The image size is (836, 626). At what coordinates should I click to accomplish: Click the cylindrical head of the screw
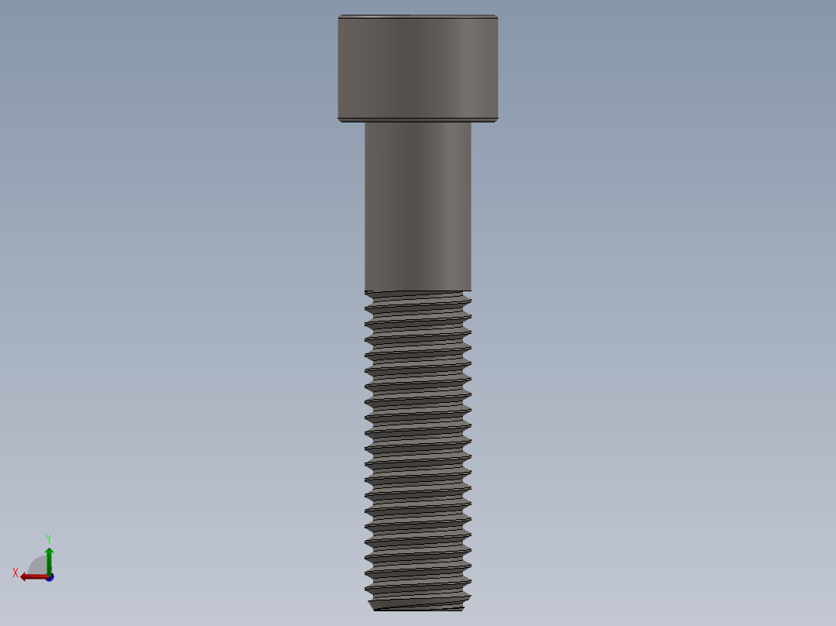[417, 68]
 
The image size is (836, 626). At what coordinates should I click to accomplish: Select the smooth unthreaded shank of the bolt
[417, 205]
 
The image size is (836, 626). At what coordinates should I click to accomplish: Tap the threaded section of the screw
[417, 449]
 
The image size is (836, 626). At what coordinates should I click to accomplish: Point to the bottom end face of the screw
[419, 608]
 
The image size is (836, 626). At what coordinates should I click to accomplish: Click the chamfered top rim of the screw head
[417, 16]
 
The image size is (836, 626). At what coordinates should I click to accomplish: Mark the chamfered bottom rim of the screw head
[417, 119]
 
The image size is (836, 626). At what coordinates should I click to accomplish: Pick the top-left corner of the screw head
[339, 16]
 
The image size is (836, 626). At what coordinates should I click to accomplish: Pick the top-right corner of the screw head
[496, 16]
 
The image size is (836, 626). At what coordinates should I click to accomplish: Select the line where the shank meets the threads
[417, 291]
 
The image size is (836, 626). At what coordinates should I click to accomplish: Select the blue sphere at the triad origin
[50, 577]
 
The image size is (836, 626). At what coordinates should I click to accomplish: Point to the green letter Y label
[48, 538]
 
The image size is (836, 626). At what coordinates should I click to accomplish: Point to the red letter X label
[16, 573]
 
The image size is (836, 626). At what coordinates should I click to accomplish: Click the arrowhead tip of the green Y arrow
[49, 549]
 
